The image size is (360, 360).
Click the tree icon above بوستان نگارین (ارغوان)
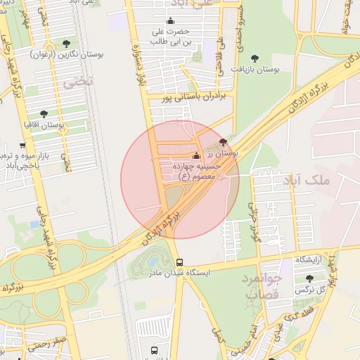point(66,44)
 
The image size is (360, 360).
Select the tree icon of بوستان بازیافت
point(255,59)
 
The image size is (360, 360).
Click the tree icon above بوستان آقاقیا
point(44,113)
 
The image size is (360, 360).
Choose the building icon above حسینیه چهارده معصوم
point(196,156)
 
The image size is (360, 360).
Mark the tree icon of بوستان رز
point(224,142)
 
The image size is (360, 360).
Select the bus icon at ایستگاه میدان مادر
point(180,262)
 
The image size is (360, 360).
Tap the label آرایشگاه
point(308,259)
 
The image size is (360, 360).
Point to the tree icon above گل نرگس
point(309,279)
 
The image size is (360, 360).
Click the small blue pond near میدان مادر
point(153,263)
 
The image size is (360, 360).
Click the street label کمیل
point(219,335)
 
